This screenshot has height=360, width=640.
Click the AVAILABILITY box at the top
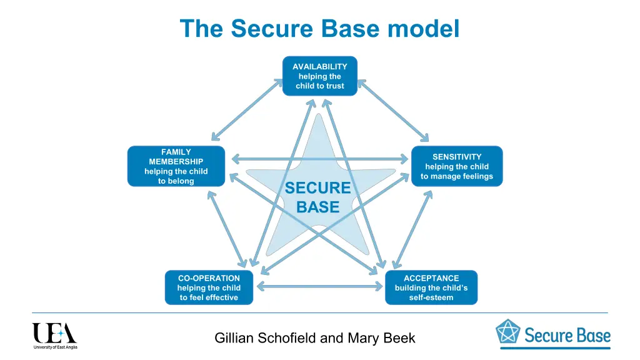(x=319, y=76)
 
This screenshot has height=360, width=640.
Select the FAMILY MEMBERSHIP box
(x=176, y=166)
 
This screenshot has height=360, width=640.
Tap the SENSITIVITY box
(x=457, y=166)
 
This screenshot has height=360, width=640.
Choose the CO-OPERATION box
(x=209, y=287)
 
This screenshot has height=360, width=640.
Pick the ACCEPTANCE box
(x=431, y=287)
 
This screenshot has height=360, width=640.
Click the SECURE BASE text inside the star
(x=317, y=197)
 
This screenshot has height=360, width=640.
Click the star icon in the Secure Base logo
(x=507, y=332)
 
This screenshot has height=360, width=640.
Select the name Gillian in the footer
(x=234, y=339)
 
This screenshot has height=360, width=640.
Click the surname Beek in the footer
(x=400, y=339)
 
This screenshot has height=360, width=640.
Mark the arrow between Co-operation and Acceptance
(x=319, y=287)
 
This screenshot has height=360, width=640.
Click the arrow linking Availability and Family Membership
(x=246, y=110)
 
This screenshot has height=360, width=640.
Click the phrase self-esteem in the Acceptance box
(x=431, y=297)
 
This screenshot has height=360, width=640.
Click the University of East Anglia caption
(x=55, y=347)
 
